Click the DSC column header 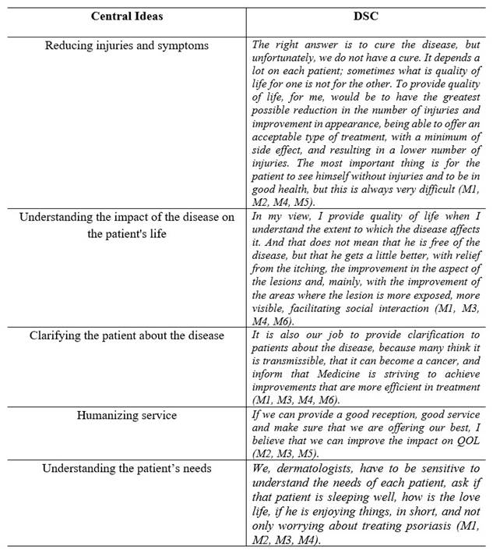coord(366,16)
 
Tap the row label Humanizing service coord(126,415)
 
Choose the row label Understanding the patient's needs coord(126,469)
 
